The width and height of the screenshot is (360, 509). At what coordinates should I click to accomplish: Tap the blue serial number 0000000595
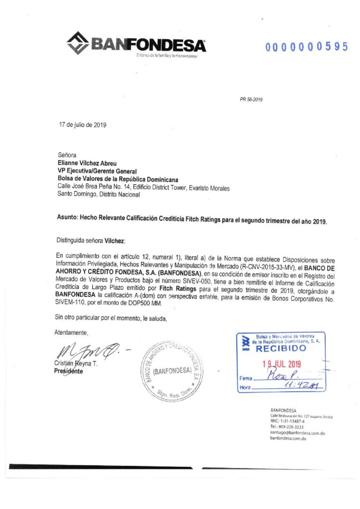click(306, 47)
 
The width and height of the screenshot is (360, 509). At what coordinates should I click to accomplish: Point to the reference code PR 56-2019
click(251, 99)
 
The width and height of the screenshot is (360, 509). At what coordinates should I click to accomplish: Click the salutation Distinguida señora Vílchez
click(90, 241)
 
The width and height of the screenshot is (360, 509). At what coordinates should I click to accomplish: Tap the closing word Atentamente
click(71, 333)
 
